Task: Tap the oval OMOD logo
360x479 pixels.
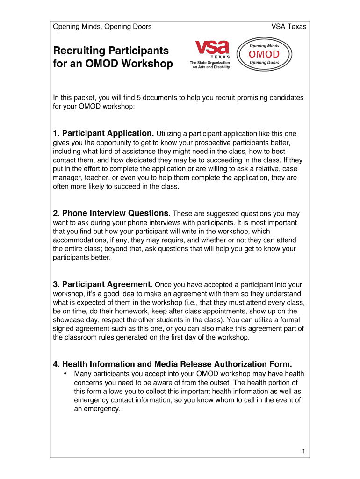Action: point(264,54)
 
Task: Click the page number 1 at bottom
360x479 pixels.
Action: point(303,451)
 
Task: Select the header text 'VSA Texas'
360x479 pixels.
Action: point(289,27)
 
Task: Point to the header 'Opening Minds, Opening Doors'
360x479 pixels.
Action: point(102,27)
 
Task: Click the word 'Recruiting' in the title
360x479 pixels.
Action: point(79,51)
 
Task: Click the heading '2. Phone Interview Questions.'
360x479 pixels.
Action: point(112,214)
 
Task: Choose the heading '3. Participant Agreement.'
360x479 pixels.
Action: point(103,284)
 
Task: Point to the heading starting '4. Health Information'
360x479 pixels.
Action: point(173,364)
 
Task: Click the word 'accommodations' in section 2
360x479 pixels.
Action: point(78,240)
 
